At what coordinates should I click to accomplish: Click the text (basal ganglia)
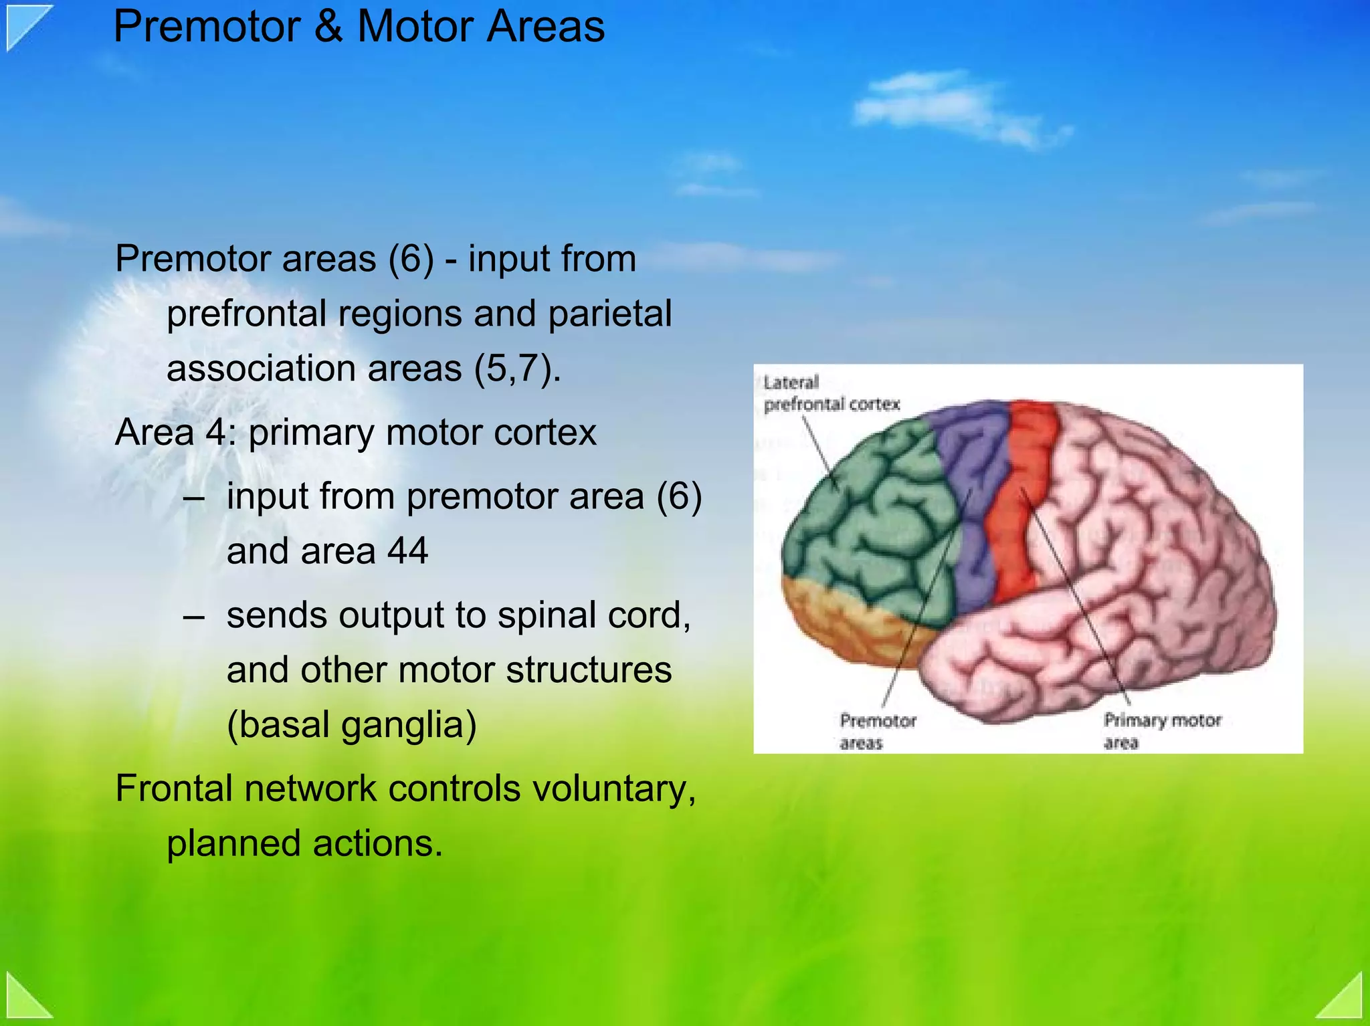coord(351,725)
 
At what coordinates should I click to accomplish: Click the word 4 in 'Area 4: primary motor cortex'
coord(216,433)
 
